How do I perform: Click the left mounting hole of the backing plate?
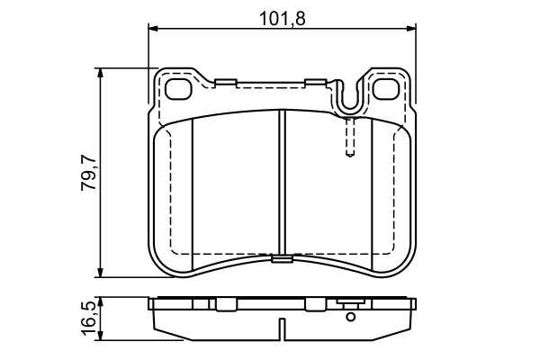[x=181, y=89]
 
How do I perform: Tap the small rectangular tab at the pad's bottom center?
[x=281, y=261]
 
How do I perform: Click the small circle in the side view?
[x=350, y=315]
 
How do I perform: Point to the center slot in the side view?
[x=281, y=329]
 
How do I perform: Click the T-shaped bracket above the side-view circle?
[x=350, y=304]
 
